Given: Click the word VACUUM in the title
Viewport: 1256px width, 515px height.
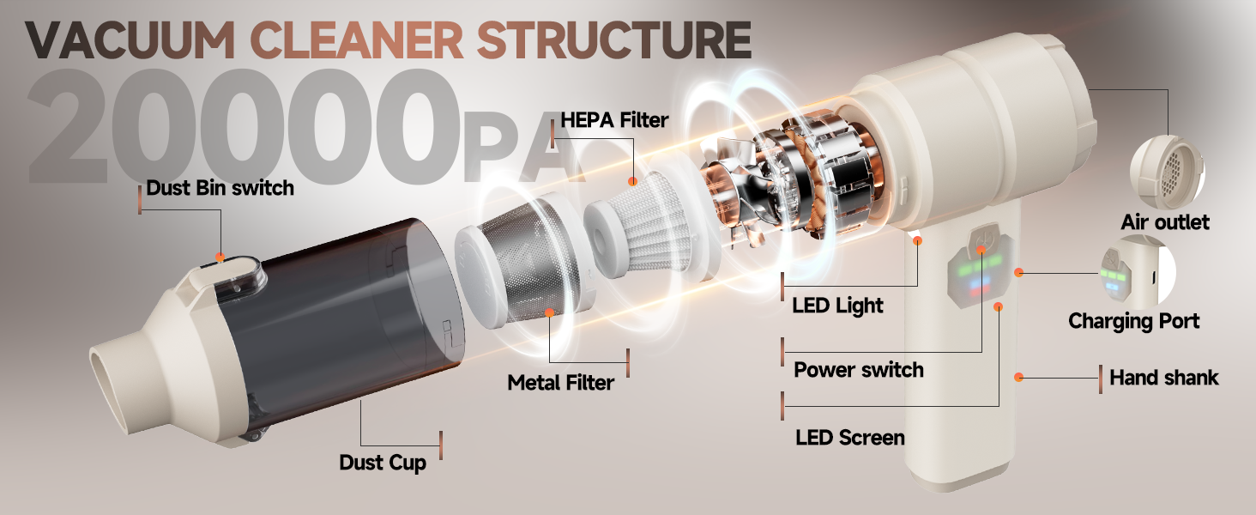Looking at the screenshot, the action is tap(130, 39).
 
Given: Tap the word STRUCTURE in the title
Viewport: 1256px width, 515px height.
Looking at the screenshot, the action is tap(614, 39).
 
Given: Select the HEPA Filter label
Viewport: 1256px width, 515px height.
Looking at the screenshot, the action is tap(614, 120).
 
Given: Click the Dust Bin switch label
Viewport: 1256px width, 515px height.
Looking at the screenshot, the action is tap(220, 188).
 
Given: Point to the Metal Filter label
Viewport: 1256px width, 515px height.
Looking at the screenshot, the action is tap(561, 383).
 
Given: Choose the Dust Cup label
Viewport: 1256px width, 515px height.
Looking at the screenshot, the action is tap(383, 463).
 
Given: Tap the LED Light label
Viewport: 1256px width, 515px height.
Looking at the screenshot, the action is tap(837, 306).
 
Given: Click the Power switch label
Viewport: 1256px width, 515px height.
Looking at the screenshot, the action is tap(859, 370).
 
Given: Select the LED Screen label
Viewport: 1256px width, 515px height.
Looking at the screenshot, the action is tap(850, 438).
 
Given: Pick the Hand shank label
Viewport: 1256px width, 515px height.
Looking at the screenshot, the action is tap(1164, 378).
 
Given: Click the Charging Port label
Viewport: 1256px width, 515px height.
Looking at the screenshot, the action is tap(1134, 321).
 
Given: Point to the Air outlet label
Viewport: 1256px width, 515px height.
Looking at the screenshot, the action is tap(1165, 222).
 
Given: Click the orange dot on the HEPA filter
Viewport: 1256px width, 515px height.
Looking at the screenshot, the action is tap(632, 181).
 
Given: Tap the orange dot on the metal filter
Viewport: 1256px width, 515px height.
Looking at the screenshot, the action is tap(549, 312).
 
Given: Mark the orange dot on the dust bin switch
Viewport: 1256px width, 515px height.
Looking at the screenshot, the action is tap(220, 257).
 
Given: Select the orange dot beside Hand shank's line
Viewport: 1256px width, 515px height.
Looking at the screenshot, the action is tap(1019, 377).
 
